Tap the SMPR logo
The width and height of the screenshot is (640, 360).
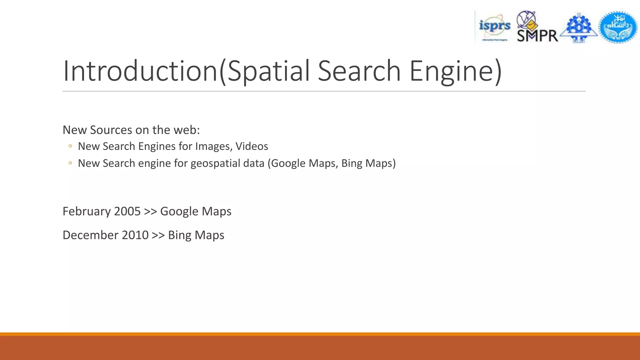537,27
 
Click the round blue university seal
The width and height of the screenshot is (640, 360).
618,27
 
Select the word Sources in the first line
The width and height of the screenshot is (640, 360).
111,130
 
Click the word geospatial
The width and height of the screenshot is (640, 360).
227,163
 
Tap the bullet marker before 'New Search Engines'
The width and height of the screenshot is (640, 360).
70,146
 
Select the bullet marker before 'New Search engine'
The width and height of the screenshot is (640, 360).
70,163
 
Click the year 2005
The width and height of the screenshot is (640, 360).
127,212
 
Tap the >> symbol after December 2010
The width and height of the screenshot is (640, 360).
158,235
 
